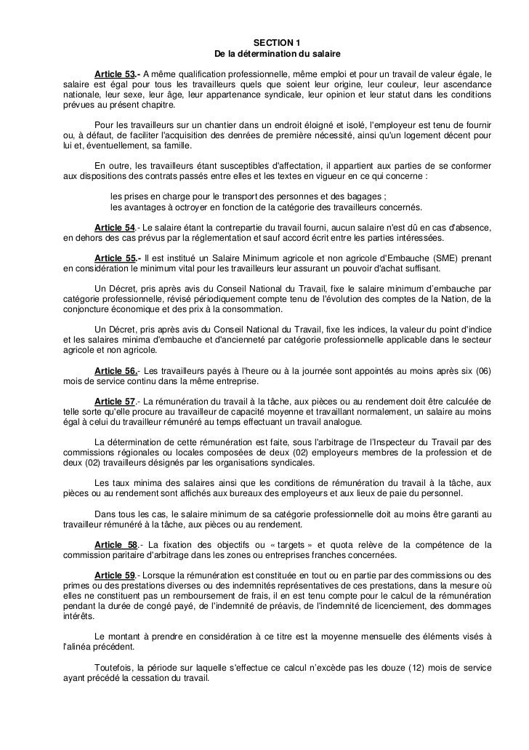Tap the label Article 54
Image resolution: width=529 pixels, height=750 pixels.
click(115, 228)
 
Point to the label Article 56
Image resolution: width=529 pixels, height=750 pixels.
click(115, 371)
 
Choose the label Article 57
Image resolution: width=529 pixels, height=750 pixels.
click(115, 402)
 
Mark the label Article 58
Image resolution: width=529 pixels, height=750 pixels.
click(116, 544)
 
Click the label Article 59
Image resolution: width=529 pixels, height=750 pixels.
click(115, 575)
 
